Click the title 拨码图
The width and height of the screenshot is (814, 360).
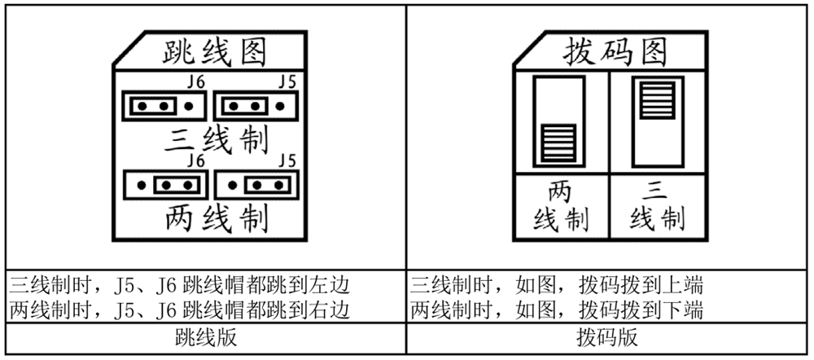(615, 52)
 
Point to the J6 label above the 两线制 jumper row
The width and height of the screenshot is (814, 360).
(195, 160)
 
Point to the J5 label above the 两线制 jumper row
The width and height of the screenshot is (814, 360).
(287, 160)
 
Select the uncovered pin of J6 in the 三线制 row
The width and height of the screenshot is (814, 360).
(189, 105)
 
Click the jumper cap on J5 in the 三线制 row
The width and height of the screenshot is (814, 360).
(242, 105)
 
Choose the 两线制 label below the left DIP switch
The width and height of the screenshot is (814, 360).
(561, 205)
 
